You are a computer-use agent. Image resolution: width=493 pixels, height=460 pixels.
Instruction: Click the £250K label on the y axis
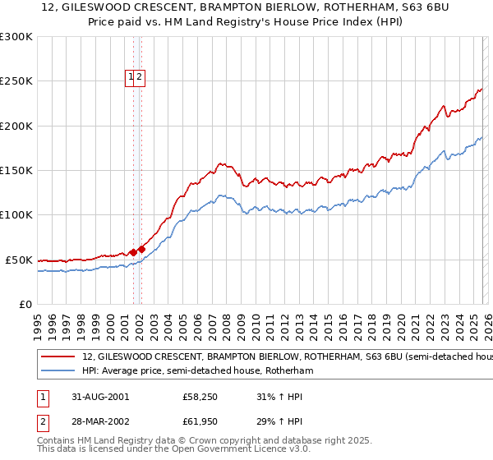[x=16, y=81]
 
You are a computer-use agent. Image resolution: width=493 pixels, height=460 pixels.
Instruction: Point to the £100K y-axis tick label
[x=16, y=215]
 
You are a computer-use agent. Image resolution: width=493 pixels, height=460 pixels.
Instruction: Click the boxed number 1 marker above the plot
[x=131, y=78]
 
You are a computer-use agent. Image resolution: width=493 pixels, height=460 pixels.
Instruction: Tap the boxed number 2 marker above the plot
[x=140, y=78]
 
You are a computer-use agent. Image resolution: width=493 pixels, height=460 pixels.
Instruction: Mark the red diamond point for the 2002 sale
[x=141, y=249]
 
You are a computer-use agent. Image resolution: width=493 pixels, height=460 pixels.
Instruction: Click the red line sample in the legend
[x=58, y=357]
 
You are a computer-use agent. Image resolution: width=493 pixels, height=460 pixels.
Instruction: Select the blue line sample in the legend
[x=58, y=371]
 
